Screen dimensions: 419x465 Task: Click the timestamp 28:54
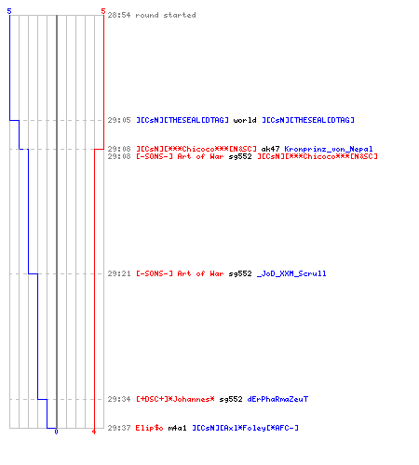119,15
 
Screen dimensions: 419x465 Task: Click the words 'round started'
166,15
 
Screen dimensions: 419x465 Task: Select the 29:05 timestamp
119,120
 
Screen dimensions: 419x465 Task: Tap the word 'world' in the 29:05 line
245,120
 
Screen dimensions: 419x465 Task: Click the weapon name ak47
270,149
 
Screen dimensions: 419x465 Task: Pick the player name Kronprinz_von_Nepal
329,149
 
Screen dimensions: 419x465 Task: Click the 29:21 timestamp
119,273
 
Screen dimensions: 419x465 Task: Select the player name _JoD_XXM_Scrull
291,273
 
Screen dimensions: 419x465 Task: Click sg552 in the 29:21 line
240,273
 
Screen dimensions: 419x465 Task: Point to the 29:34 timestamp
119,399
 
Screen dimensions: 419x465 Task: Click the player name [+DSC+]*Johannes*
175,399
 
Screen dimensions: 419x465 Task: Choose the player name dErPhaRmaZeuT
277,399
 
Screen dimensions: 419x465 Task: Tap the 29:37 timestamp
119,428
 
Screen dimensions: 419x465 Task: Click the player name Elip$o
149,428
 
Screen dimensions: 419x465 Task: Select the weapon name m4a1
177,428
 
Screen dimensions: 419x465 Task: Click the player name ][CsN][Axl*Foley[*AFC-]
245,428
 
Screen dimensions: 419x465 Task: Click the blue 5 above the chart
9,11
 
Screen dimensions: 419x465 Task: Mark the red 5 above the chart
103,11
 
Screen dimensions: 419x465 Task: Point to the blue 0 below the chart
56,432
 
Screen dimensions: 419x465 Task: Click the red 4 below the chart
94,432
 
